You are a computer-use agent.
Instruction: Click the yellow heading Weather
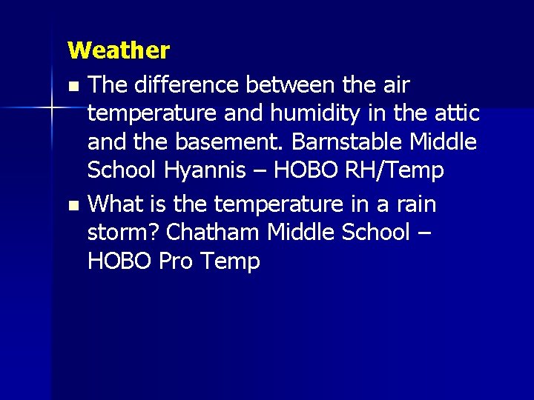tap(119, 50)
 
